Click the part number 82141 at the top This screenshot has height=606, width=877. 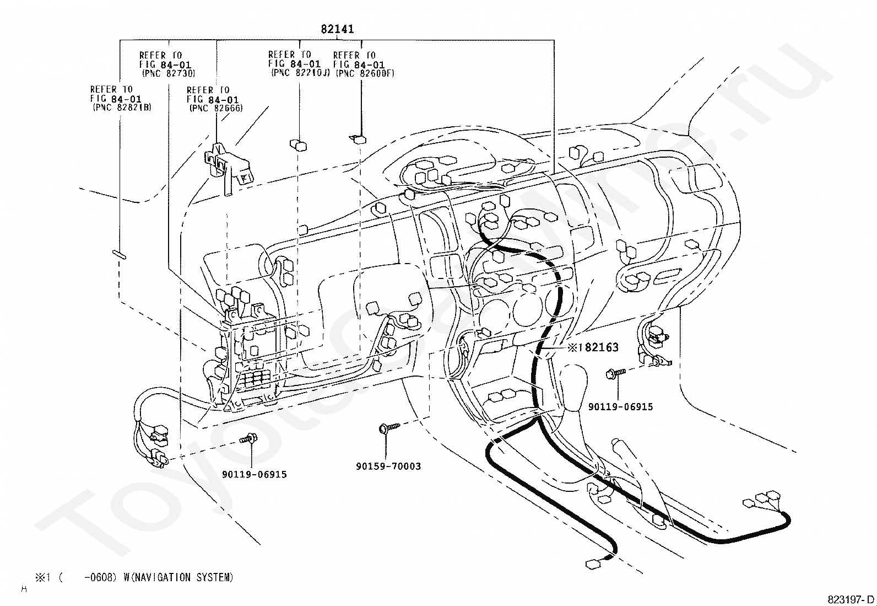337,29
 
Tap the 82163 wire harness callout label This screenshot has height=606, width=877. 599,347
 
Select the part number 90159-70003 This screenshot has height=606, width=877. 388,466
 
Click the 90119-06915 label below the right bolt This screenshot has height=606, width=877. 620,407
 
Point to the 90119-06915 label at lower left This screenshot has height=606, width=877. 255,474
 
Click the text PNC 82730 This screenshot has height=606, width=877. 169,73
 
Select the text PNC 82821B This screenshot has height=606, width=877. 122,107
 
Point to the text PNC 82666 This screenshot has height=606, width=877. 216,108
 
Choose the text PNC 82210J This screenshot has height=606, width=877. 301,73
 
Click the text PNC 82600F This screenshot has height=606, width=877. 365,73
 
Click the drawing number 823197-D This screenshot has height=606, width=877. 850,599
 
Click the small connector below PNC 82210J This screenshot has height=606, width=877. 299,145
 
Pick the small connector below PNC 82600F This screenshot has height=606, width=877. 358,139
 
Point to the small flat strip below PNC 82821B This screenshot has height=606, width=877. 119,254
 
